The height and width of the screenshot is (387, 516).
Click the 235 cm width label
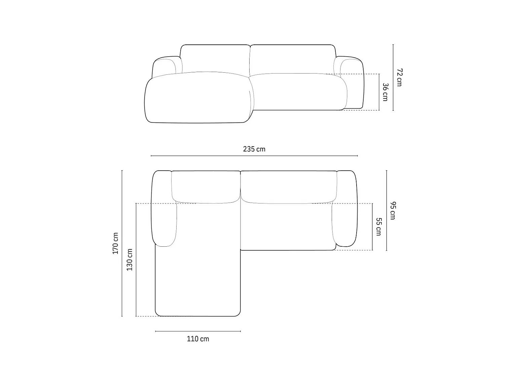point(254,149)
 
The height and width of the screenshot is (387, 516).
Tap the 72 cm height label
point(399,77)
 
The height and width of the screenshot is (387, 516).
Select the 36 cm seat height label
point(385,92)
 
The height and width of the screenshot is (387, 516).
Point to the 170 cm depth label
point(115,243)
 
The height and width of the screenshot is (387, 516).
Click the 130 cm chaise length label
point(130,260)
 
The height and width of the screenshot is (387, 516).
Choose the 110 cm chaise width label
point(198,339)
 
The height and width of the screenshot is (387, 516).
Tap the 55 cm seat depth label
point(379,227)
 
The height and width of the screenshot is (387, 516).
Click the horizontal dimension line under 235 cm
point(254,156)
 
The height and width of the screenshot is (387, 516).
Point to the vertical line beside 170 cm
point(122,243)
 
